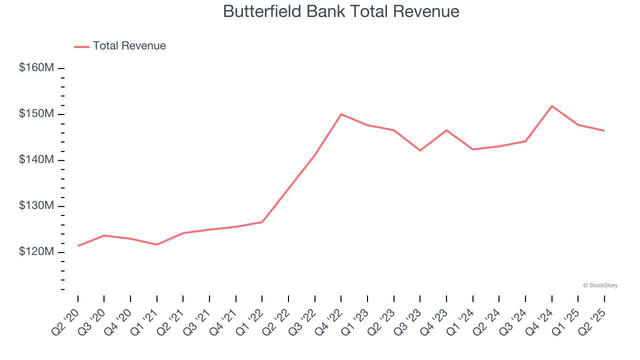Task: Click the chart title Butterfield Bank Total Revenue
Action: click(x=341, y=11)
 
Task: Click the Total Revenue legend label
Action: click(x=129, y=46)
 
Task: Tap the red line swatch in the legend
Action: click(x=81, y=46)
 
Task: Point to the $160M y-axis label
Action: click(x=36, y=67)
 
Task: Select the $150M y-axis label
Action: click(x=36, y=114)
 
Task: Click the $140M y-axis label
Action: click(x=36, y=160)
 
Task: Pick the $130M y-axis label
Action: click(x=36, y=206)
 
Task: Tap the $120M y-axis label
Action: click(x=36, y=252)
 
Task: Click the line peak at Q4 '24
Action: click(x=551, y=106)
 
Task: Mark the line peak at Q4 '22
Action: click(x=341, y=114)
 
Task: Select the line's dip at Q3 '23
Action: click(x=420, y=150)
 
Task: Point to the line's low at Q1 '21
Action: click(x=156, y=244)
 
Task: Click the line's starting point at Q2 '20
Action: click(x=78, y=246)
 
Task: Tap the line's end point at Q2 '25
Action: click(x=604, y=131)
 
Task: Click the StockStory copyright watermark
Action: click(x=600, y=285)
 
